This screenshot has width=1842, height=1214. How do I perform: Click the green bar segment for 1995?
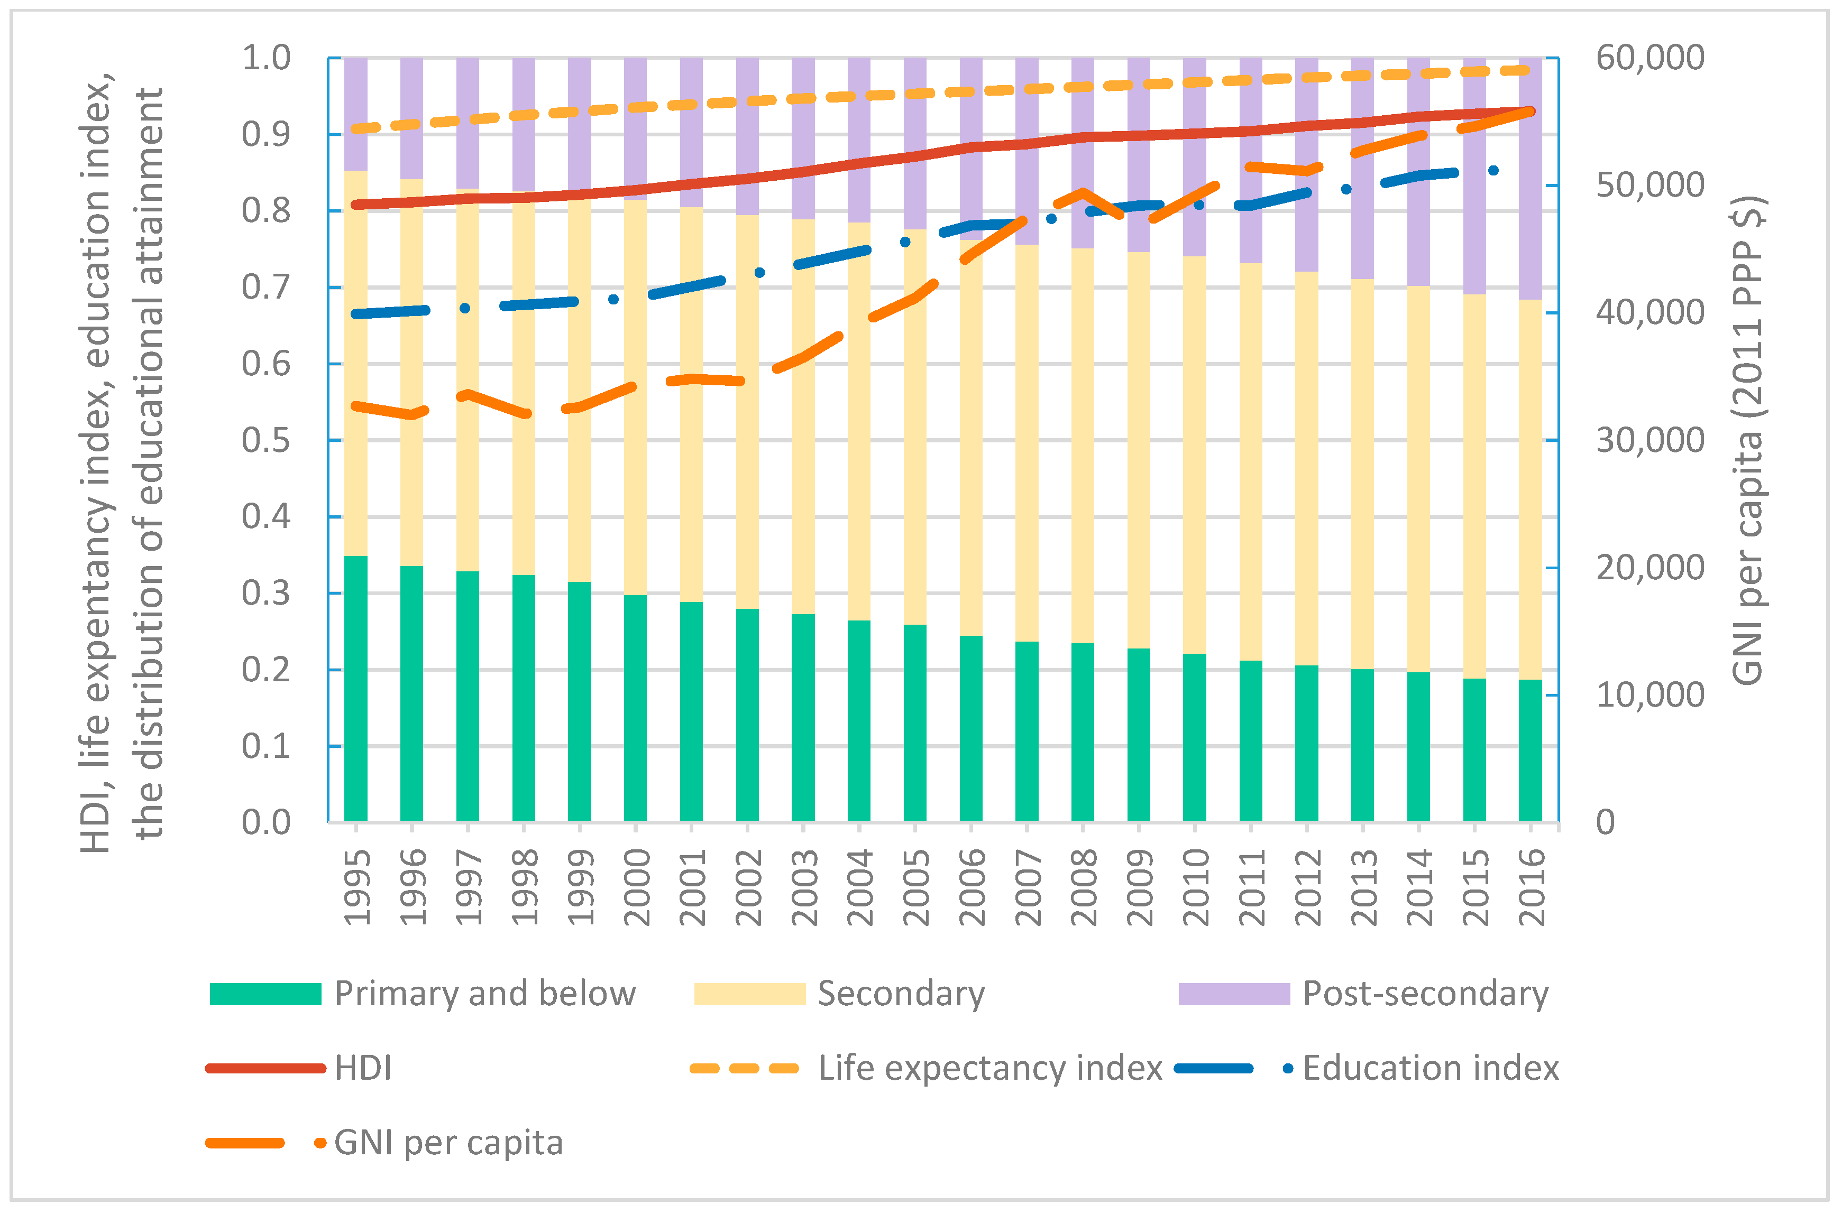tap(355, 689)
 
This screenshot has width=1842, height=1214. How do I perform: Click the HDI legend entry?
tap(362, 1069)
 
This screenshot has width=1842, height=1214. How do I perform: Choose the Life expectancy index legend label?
tap(990, 1069)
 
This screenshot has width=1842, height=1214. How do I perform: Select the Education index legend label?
tap(1430, 1069)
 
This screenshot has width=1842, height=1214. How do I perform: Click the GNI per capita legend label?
tap(448, 1143)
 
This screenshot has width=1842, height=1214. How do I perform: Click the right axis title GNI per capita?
tap(1749, 441)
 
